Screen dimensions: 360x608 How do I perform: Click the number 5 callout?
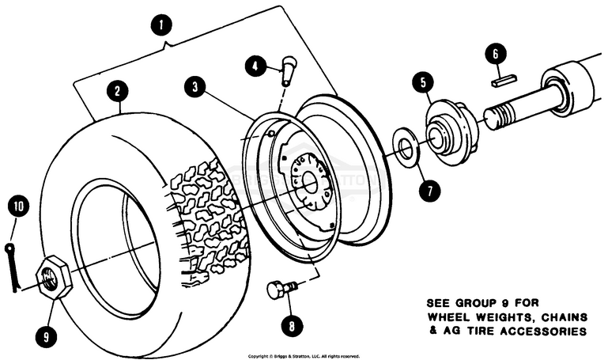point(424,81)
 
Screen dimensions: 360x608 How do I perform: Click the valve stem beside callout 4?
point(289,70)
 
